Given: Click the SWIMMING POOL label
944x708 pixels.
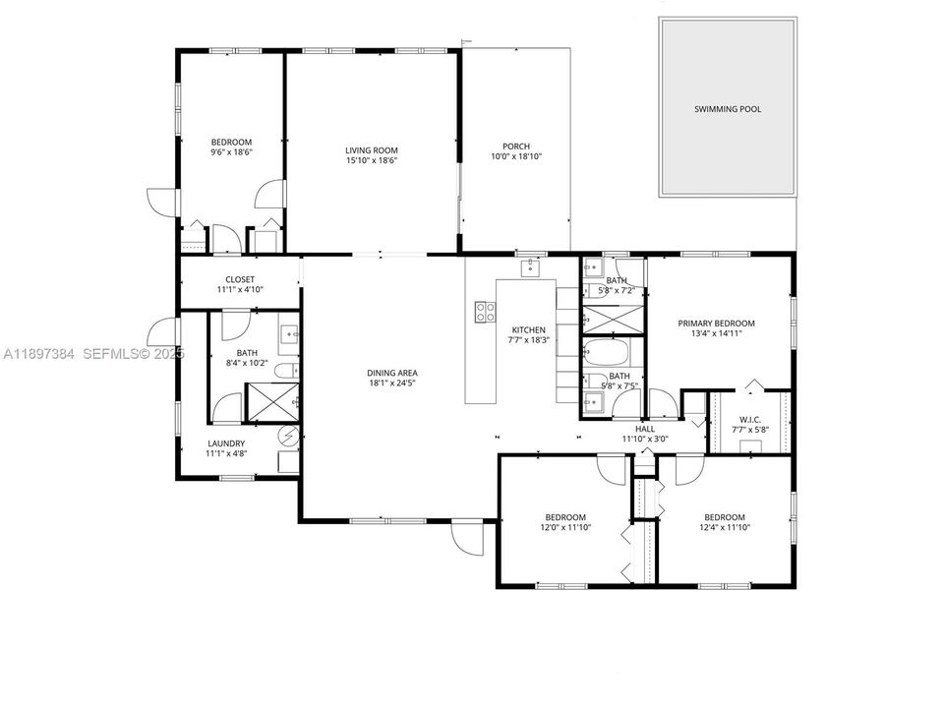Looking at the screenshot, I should tap(727, 109).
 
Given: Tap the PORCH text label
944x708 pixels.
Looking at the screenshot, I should tap(516, 147).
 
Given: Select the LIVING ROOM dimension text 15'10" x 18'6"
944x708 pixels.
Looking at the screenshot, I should tap(371, 161).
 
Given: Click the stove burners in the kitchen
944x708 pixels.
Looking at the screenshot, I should tap(485, 312).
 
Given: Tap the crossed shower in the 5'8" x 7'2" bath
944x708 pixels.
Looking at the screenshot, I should tap(610, 320).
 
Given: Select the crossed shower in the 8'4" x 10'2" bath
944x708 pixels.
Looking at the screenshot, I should tap(271, 401).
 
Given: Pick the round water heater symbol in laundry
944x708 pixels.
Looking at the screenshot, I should tap(289, 435).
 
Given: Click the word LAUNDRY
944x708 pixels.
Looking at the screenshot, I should tap(225, 442).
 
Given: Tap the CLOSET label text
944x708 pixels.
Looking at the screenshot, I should tap(240, 279).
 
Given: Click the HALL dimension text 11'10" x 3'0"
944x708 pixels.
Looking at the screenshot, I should tap(644, 440).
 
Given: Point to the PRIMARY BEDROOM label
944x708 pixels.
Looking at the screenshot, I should tap(716, 323).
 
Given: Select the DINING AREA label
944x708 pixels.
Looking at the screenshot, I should tap(392, 373).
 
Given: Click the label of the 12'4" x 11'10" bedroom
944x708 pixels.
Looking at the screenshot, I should tap(724, 517).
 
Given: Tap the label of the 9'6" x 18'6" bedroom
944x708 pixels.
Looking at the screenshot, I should tap(231, 142).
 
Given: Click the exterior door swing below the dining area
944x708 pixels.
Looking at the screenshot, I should tap(467, 536).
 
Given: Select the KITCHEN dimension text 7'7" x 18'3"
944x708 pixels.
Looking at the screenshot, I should tap(528, 340).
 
